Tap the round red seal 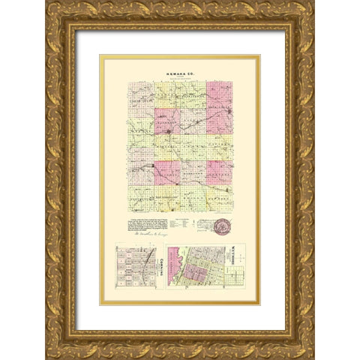click(223, 226)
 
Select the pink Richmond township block click(167, 121)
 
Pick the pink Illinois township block click(167, 172)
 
